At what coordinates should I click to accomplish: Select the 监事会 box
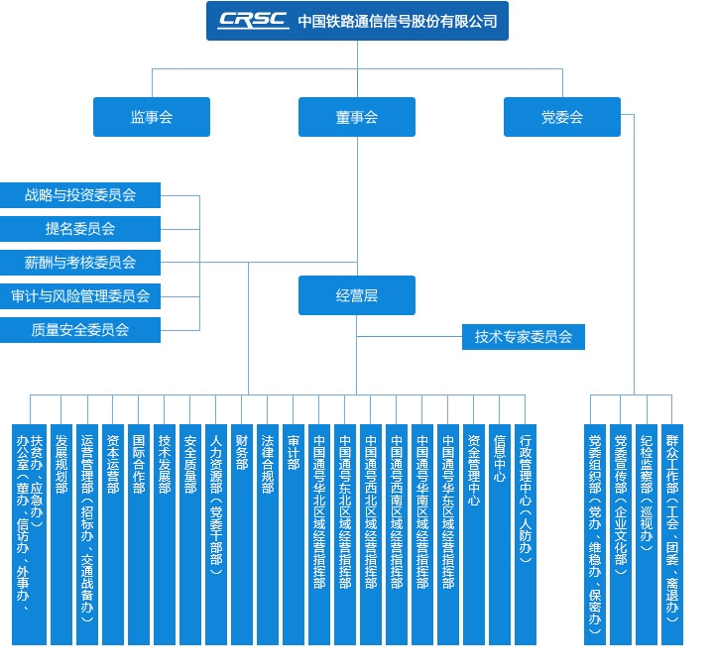(x=152, y=117)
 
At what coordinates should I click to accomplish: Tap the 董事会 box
(x=357, y=117)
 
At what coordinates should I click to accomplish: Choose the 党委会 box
(x=561, y=117)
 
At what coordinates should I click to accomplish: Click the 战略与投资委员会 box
(x=80, y=195)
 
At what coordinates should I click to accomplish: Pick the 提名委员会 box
(x=80, y=229)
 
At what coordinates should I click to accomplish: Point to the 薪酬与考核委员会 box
(x=80, y=263)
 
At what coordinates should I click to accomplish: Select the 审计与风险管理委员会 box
(x=80, y=295)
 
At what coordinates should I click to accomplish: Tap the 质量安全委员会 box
(x=80, y=329)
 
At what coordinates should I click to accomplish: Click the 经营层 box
(x=357, y=295)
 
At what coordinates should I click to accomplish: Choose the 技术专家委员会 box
(x=524, y=337)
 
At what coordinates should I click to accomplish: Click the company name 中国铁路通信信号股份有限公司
(x=397, y=21)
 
